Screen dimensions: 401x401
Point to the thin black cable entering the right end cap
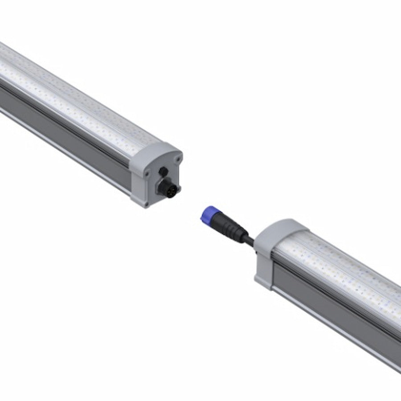(249, 241)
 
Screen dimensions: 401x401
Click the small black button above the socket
(164, 172)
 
